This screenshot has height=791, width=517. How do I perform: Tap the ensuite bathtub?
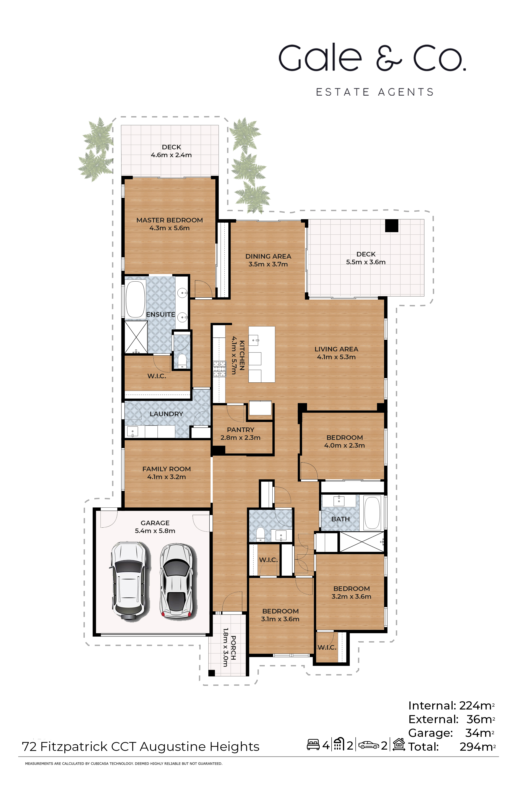(135, 299)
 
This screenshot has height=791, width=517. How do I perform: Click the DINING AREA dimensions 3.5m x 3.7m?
(268, 264)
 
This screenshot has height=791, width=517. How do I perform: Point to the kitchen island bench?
(262, 354)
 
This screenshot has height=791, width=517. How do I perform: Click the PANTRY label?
(240, 430)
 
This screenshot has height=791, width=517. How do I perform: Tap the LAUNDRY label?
(166, 414)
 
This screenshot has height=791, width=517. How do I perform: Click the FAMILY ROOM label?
(166, 469)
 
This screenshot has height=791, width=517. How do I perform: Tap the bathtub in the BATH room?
(372, 512)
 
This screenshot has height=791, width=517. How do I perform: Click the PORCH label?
(233, 648)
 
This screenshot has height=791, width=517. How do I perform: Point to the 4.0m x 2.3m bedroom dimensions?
(344, 445)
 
